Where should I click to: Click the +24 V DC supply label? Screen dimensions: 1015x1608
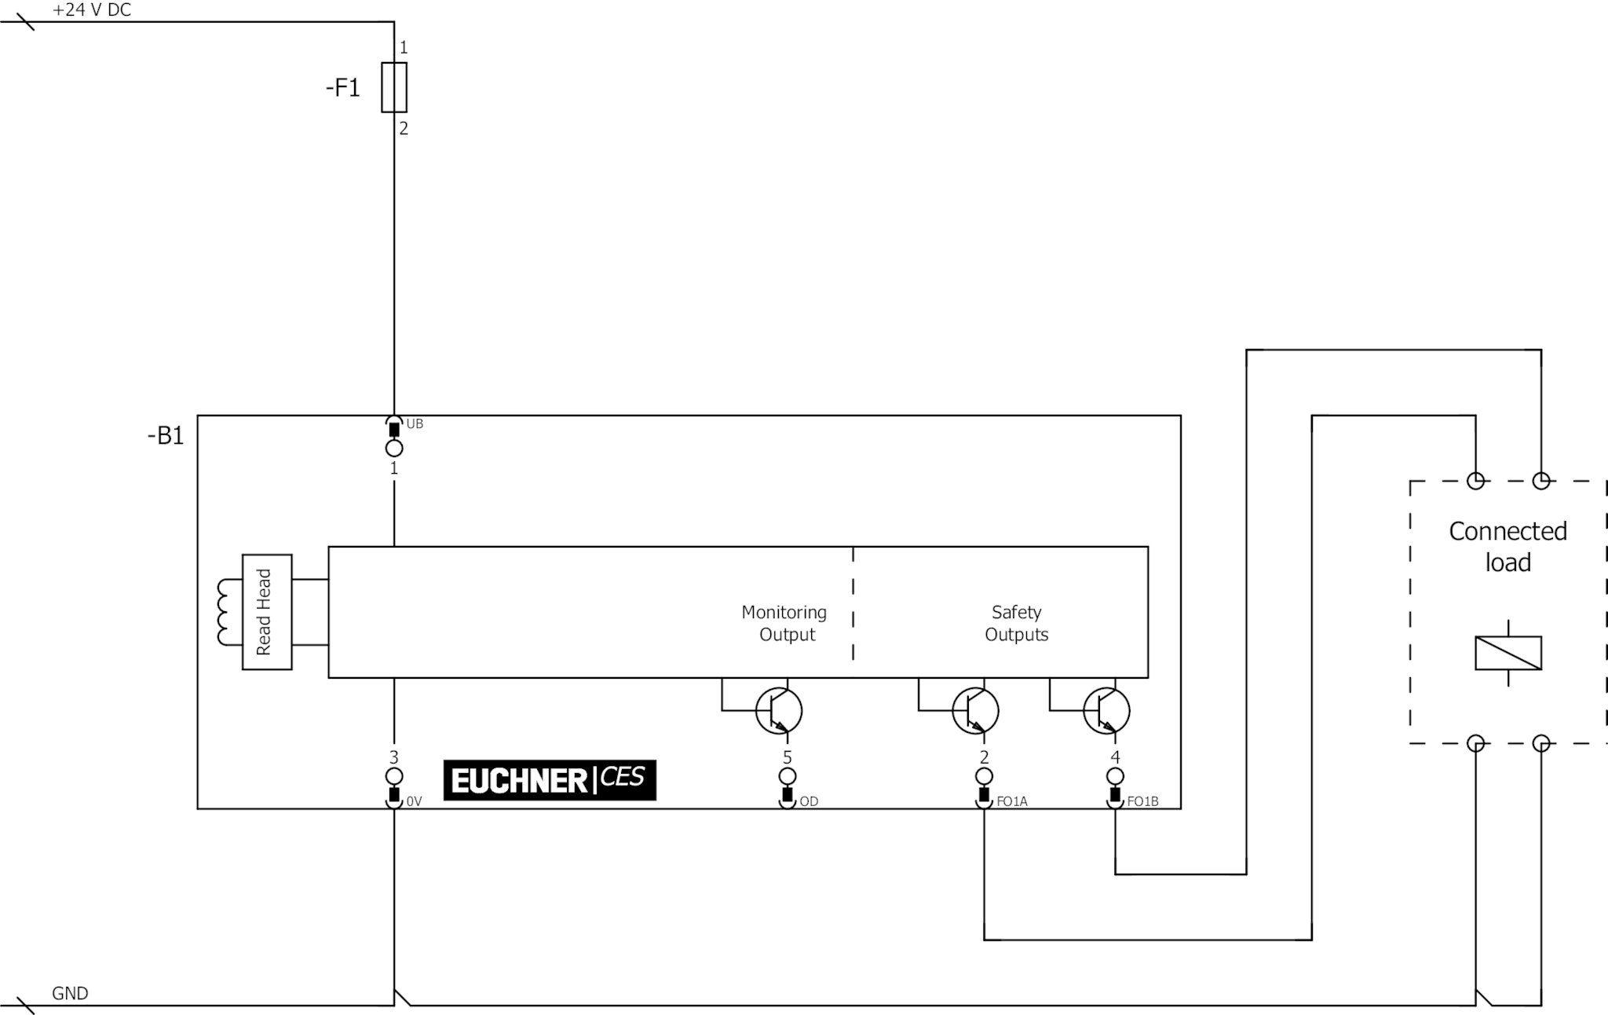pyautogui.click(x=91, y=10)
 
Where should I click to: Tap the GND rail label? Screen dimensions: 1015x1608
pyautogui.click(x=70, y=993)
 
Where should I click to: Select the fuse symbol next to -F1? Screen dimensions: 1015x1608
pyautogui.click(x=394, y=87)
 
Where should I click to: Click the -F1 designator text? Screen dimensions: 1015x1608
pyautogui.click(x=343, y=88)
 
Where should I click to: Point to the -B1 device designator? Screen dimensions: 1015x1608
pyautogui.click(x=166, y=435)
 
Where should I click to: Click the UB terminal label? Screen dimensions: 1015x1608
pyautogui.click(x=415, y=424)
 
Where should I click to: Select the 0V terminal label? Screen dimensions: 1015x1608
pyautogui.click(x=414, y=801)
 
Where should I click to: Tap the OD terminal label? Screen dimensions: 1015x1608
pyautogui.click(x=809, y=801)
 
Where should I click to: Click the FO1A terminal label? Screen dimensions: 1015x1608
pyautogui.click(x=1011, y=801)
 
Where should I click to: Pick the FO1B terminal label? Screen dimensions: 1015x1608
pyautogui.click(x=1142, y=801)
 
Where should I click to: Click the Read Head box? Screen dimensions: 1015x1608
pyautogui.click(x=267, y=612)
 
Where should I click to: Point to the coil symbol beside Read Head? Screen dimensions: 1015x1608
pyautogui.click(x=228, y=612)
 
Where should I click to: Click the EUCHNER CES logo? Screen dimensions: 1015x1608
pyautogui.click(x=550, y=780)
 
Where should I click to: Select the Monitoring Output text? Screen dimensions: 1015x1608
pyautogui.click(x=784, y=623)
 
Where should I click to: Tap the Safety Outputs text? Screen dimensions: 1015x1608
pyautogui.click(x=1016, y=623)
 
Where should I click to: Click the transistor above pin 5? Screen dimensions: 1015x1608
pyautogui.click(x=779, y=711)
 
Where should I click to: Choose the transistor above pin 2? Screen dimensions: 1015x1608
pyautogui.click(x=975, y=711)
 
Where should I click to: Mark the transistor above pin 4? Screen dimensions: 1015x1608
pyautogui.click(x=1106, y=711)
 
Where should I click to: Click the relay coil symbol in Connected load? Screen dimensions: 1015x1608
pyautogui.click(x=1507, y=653)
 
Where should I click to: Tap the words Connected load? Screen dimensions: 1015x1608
pyautogui.click(x=1507, y=547)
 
